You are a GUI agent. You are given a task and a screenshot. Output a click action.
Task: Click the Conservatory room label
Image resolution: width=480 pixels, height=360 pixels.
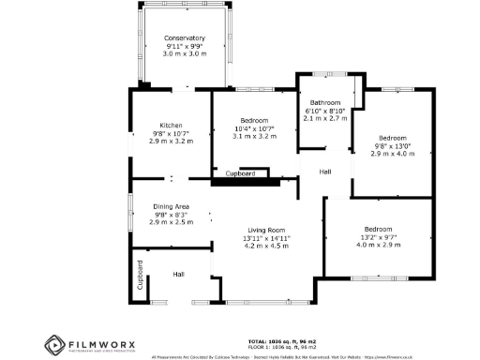(x=184, y=37)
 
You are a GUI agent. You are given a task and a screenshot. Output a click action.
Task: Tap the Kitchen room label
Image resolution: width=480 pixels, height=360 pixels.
(x=171, y=125)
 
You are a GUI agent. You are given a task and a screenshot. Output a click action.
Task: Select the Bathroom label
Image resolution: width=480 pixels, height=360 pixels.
(x=325, y=103)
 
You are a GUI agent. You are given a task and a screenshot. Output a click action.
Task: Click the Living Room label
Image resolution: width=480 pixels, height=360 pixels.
(x=266, y=230)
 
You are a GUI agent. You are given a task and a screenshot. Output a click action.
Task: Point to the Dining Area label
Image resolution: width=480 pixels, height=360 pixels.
(x=172, y=206)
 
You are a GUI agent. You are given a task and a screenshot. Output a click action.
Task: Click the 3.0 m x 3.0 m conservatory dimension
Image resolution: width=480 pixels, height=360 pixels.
(x=184, y=54)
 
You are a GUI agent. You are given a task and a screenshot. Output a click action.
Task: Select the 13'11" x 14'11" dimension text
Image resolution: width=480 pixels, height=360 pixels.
(x=266, y=238)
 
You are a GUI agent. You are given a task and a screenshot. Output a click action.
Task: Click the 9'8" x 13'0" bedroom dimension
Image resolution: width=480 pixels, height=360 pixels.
(x=392, y=145)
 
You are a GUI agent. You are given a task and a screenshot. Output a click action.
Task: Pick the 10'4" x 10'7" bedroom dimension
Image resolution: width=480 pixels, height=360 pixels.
(x=253, y=128)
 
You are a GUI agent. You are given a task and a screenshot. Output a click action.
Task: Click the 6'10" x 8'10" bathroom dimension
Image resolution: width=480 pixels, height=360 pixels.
(x=325, y=112)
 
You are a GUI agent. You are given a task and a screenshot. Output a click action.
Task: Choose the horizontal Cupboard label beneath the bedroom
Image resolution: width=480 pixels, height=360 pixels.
(x=241, y=173)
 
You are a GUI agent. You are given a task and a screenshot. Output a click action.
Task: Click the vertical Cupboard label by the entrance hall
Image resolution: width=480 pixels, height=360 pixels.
(x=141, y=281)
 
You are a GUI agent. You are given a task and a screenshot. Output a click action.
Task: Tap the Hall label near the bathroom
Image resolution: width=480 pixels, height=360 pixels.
(x=325, y=172)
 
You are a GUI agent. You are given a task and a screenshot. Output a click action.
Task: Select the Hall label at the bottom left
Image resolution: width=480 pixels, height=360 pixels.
(x=178, y=274)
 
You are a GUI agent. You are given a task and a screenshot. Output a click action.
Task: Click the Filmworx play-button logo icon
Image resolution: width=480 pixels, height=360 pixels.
(x=53, y=345)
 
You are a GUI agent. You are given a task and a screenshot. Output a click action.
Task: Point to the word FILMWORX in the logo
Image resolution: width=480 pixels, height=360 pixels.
(x=99, y=344)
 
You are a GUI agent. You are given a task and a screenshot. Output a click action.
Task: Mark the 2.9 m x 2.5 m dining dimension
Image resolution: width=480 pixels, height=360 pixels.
(x=172, y=222)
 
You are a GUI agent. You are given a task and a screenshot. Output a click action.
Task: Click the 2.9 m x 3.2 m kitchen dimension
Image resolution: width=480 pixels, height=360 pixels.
(x=171, y=142)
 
